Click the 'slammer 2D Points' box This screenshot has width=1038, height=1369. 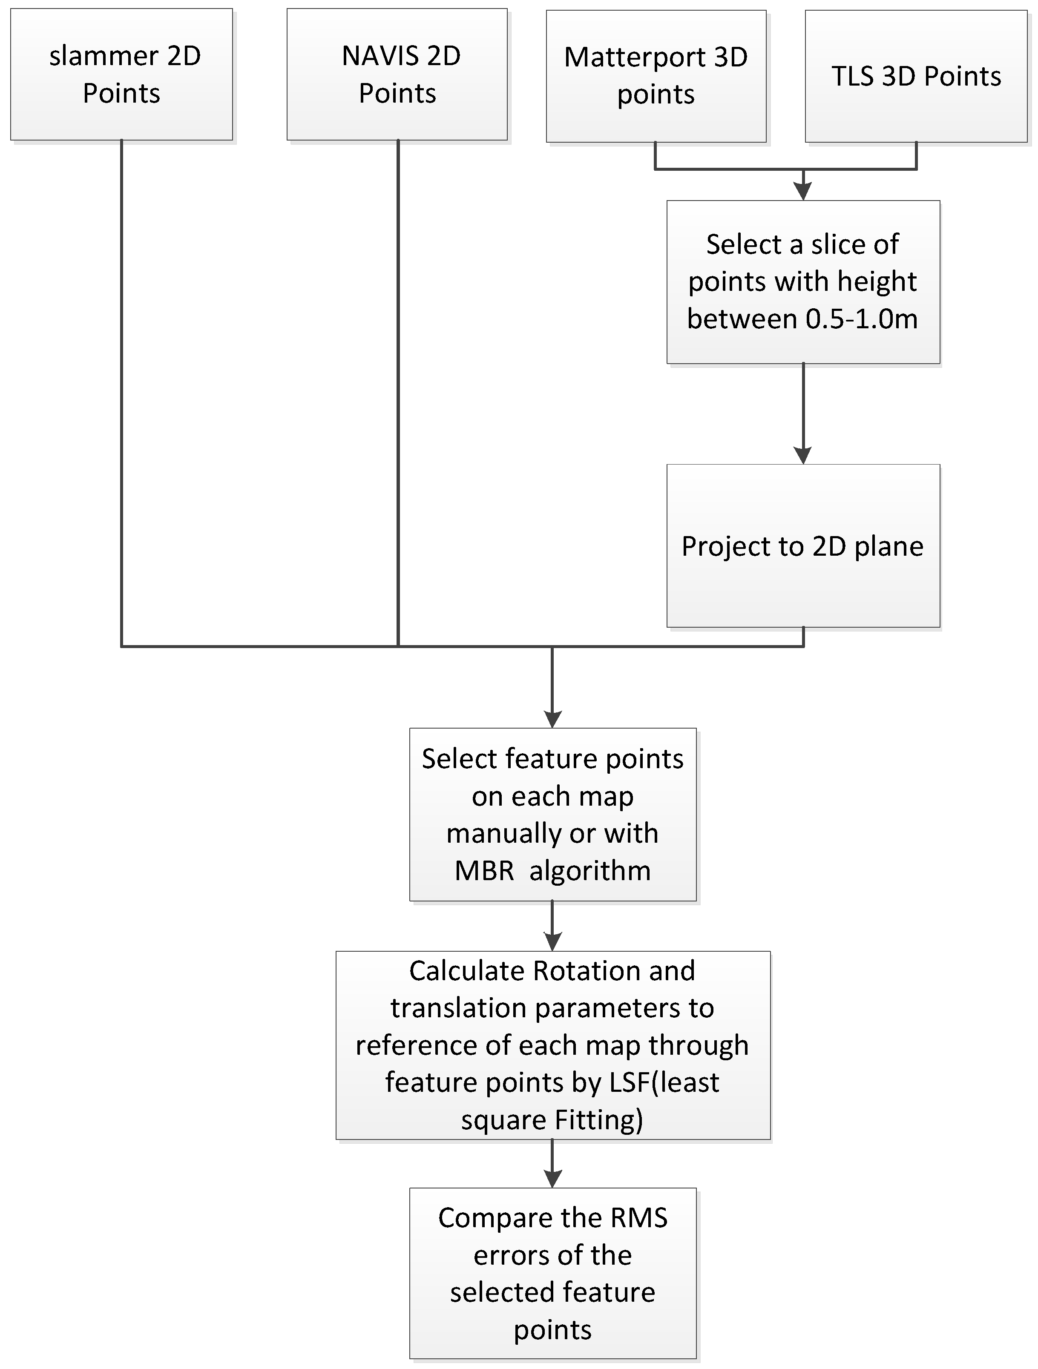click(121, 74)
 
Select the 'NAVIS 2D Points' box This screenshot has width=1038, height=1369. click(397, 74)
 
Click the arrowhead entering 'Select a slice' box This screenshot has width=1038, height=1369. click(803, 192)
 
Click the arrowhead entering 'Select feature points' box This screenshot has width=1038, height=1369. click(552, 719)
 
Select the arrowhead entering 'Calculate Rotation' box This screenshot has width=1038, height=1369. click(552, 942)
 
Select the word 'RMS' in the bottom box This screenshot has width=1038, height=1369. click(639, 1218)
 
